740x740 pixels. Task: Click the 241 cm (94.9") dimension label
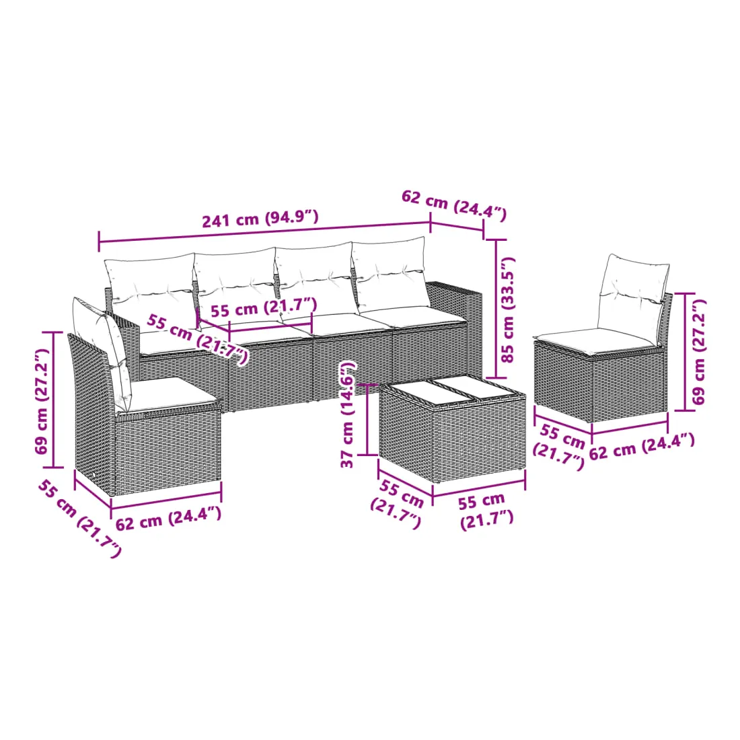click(x=260, y=219)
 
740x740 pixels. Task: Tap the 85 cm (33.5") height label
click(x=508, y=309)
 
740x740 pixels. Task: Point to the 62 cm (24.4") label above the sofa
click(x=454, y=205)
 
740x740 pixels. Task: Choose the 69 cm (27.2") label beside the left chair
click(x=42, y=401)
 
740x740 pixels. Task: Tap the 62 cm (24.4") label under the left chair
click(x=168, y=518)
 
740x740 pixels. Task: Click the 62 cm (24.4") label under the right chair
click(x=642, y=447)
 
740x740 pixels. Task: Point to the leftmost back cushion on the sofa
click(x=150, y=293)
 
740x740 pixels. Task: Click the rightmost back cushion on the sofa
click(x=390, y=274)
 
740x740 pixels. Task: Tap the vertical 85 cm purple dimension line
click(x=496, y=309)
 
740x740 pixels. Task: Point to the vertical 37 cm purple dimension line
click(x=367, y=420)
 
